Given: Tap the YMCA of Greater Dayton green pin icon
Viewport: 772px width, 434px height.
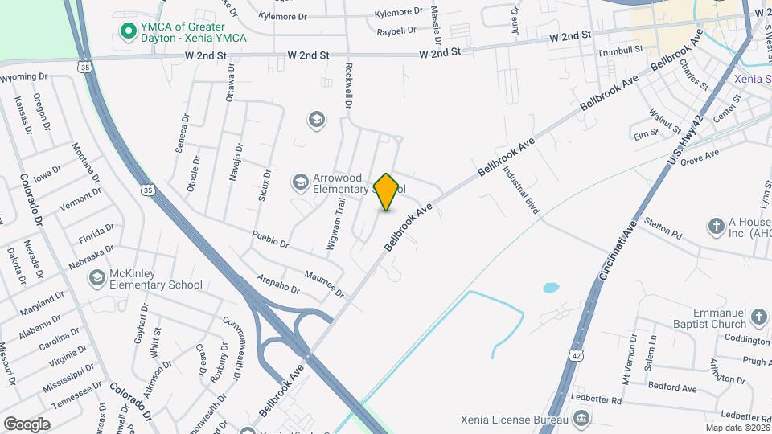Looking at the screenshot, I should (127, 31).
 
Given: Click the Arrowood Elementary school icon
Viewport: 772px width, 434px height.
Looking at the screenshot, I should (301, 182).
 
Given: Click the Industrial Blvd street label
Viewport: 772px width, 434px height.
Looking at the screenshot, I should (520, 190).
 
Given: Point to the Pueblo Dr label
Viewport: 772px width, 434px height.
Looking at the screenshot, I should (269, 240).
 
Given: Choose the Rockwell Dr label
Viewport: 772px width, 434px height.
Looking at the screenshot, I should (349, 86).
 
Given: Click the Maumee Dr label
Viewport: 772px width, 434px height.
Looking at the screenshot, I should (323, 282).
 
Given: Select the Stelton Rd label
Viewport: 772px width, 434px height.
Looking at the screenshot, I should (664, 231).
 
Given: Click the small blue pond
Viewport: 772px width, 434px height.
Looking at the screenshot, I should (551, 287).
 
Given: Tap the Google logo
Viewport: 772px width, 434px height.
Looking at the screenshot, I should (27, 424).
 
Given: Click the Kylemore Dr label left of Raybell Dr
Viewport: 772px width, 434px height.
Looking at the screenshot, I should (283, 16).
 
